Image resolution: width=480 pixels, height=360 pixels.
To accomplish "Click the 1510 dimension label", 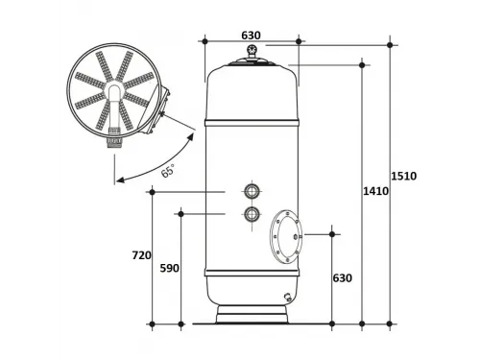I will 404,176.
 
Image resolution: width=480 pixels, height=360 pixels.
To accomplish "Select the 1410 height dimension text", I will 375,191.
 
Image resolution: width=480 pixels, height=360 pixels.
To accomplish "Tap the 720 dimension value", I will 141,255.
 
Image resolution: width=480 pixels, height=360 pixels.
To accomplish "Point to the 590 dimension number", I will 168,269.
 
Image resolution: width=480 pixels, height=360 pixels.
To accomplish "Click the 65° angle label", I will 167,172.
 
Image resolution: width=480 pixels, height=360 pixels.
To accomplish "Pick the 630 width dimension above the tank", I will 251,35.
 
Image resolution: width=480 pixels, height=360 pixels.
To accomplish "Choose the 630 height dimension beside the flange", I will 342,278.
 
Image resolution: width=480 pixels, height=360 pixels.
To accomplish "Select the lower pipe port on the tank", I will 252,214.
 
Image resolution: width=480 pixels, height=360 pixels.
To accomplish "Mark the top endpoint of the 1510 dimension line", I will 390,42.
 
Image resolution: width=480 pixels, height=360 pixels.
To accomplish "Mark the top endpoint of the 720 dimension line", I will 152,191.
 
